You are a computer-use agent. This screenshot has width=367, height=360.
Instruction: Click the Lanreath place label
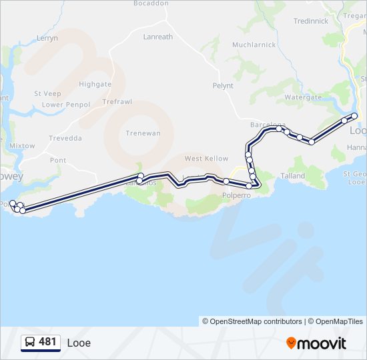pos(157,37)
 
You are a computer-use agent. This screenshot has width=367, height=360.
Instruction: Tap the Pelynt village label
pos(222,86)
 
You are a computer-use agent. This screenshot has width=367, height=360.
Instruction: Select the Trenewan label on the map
pos(143,133)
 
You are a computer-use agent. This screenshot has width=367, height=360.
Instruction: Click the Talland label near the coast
pos(292,176)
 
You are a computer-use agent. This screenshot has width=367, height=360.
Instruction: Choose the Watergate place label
pos(303,97)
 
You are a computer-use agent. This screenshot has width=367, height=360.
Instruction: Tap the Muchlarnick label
pos(254,45)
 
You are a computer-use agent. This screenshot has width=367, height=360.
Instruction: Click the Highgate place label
pos(95,85)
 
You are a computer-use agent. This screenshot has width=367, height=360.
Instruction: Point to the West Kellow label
pos(206,159)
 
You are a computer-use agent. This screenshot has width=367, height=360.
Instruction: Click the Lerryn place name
pos(47,39)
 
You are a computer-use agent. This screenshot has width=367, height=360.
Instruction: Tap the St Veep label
pos(47,94)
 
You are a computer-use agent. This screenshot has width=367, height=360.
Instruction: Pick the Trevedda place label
pos(65,139)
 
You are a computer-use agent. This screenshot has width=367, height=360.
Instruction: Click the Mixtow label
pos(22,146)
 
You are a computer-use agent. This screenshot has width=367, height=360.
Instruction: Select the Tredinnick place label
pos(311,21)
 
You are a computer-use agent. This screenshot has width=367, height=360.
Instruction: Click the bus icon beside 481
pos(30,343)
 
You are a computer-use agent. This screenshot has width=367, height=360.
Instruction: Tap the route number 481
pos(48,342)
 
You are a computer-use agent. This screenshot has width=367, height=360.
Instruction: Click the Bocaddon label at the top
pos(151,3)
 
